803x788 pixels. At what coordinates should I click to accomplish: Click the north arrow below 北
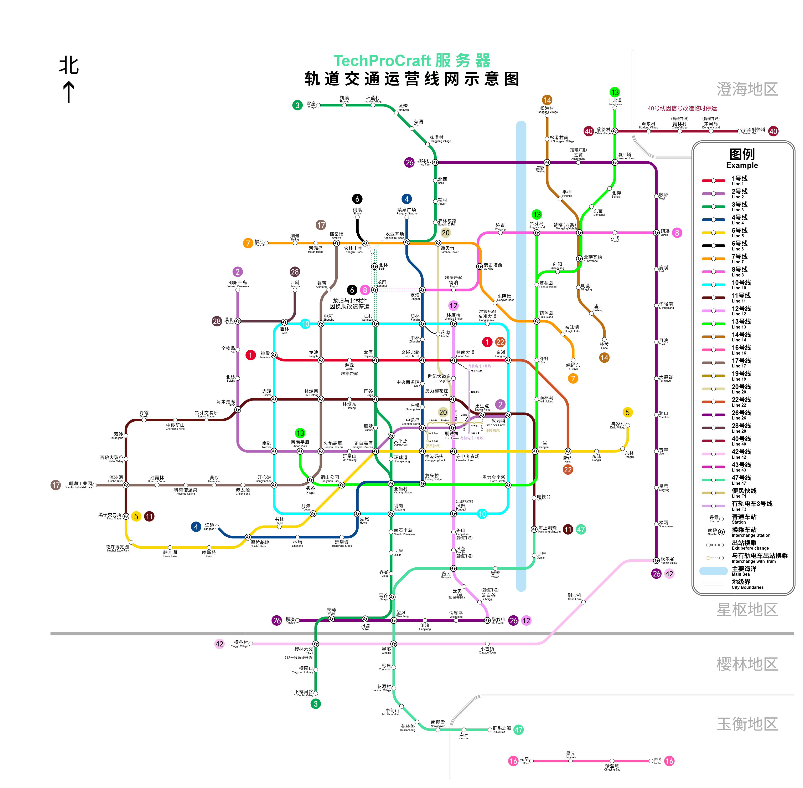(69, 92)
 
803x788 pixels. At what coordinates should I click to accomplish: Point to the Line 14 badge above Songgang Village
(547, 100)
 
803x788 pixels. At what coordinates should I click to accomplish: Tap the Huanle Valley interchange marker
(656, 561)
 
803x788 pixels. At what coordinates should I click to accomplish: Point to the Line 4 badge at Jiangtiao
(196, 527)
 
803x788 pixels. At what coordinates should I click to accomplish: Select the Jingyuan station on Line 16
(570, 761)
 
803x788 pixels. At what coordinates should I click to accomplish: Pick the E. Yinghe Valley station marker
(316, 693)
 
